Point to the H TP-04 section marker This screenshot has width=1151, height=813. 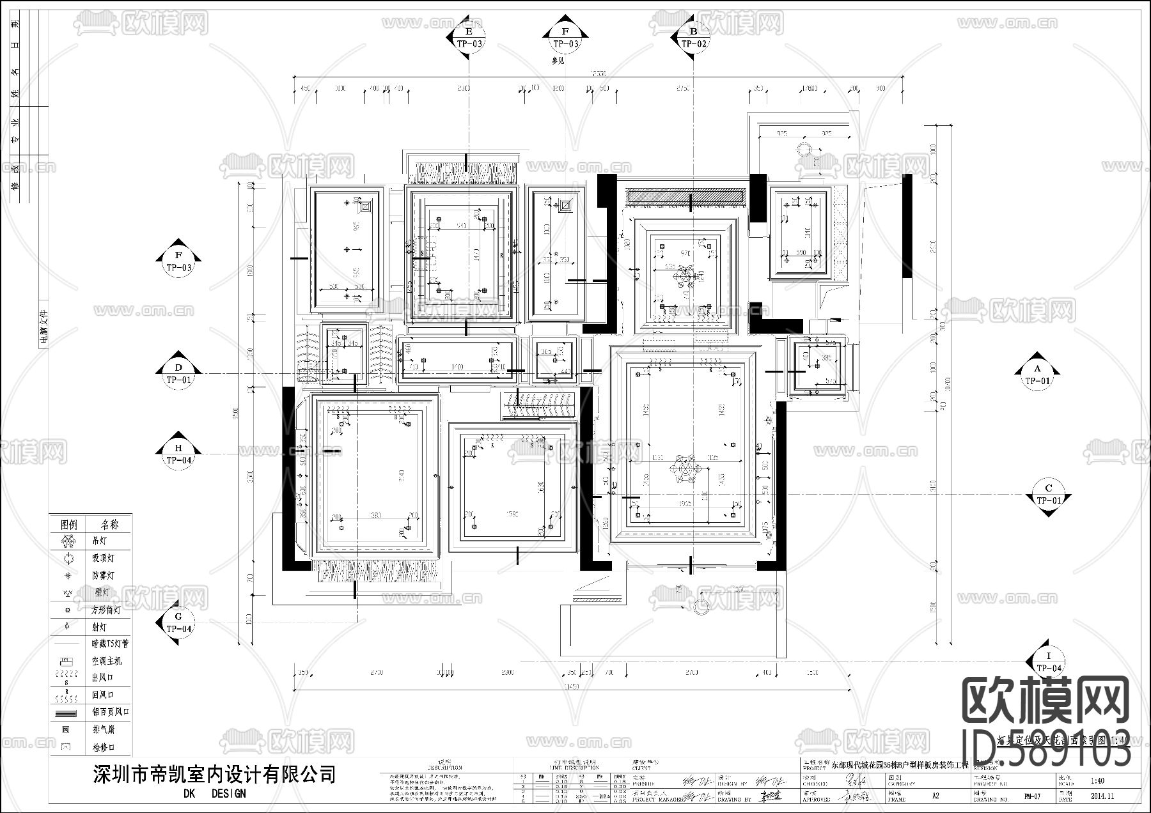click(x=179, y=454)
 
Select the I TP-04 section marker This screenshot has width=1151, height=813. click(x=1049, y=662)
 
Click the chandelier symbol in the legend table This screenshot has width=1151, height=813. click(x=68, y=541)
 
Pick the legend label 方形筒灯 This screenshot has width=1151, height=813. click(x=106, y=610)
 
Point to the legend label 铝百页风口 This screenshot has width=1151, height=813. click(x=110, y=712)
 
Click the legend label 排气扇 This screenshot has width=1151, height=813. click(x=104, y=729)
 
